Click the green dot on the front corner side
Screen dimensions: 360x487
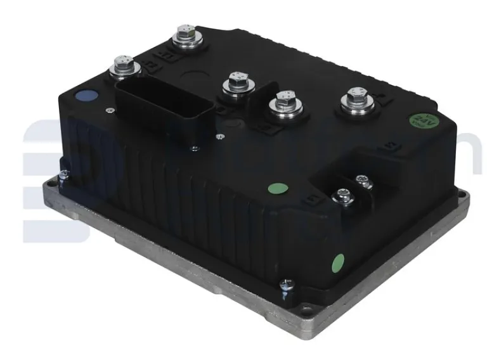[338, 260]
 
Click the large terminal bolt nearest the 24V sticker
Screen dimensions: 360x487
[354, 101]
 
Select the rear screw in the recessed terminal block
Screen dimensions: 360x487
[363, 181]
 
